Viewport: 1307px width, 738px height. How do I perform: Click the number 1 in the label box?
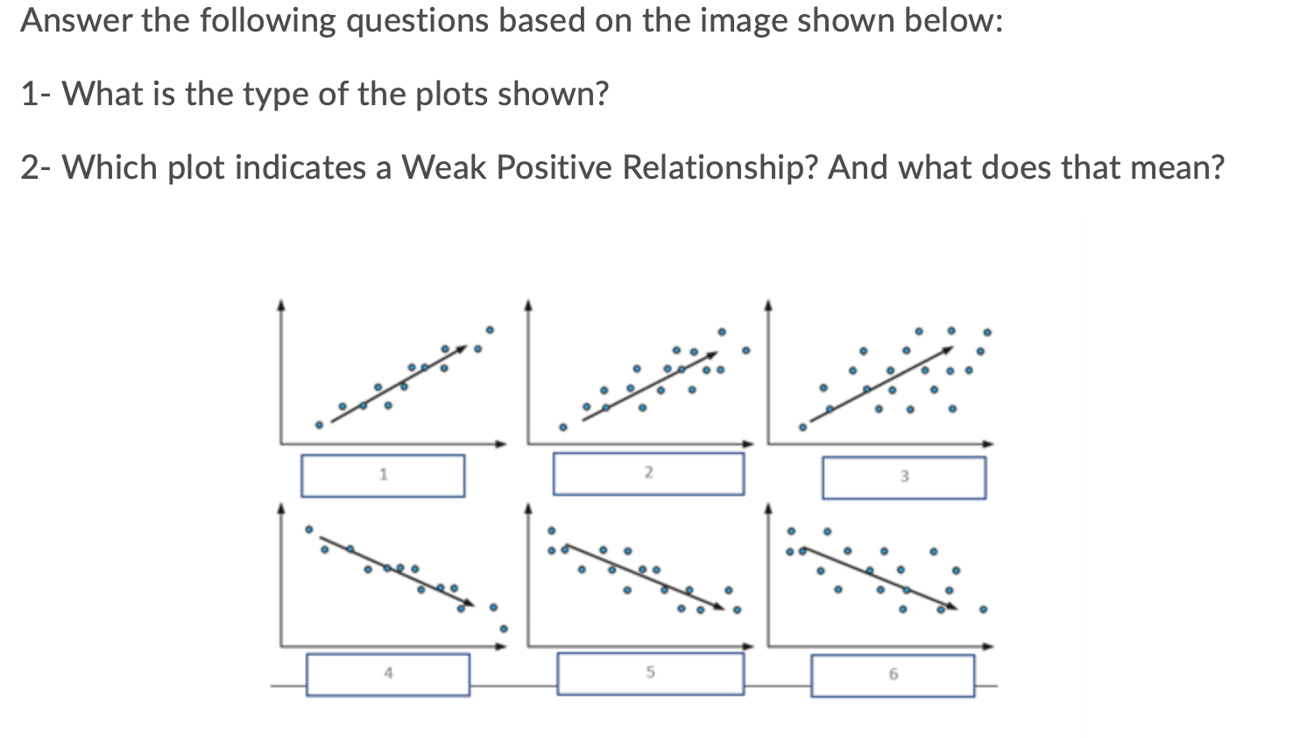(383, 475)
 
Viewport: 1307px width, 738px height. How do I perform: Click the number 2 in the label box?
(648, 472)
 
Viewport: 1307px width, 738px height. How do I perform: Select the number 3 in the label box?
(904, 477)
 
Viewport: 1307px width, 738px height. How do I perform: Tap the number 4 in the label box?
(388, 673)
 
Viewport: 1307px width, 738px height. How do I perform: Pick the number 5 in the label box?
(650, 672)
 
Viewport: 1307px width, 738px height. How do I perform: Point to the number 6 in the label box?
(893, 674)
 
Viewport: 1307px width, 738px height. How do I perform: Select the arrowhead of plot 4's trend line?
(470, 604)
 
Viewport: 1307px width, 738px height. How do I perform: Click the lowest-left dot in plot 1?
(319, 425)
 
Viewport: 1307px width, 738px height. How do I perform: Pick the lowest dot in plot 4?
(503, 628)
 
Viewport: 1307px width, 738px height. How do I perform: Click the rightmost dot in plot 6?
(983, 609)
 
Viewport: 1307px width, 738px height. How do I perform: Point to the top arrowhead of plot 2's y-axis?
(527, 305)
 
